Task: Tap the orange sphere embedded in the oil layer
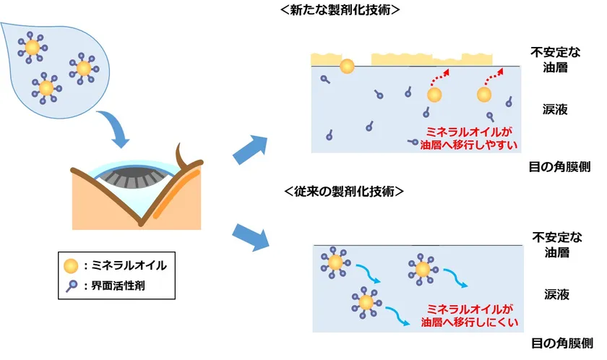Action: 347,66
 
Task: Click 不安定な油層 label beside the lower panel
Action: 557,244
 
